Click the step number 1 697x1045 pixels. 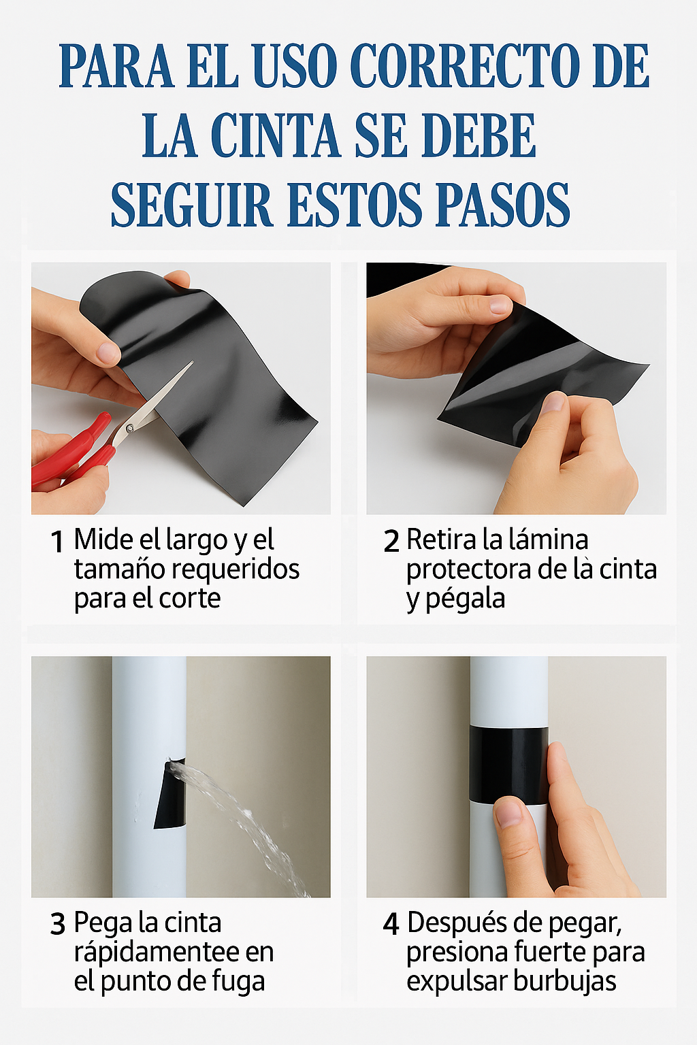(x=57, y=542)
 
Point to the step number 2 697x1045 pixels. (x=391, y=542)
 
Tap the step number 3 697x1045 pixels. (x=58, y=924)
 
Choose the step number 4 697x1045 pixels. (x=391, y=924)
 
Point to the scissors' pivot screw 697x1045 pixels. (x=129, y=427)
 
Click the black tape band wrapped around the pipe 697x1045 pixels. (x=509, y=765)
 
